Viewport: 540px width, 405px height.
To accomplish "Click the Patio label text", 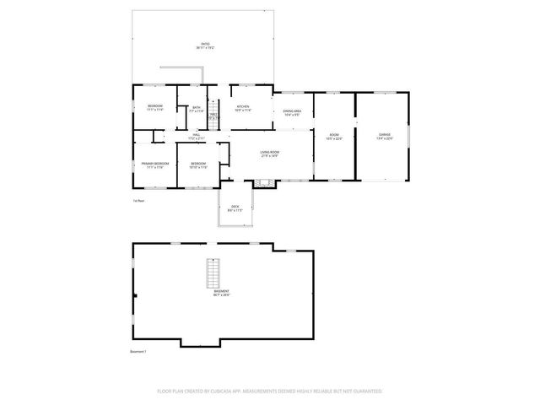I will [205, 45].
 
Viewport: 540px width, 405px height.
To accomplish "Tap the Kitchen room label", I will [242, 108].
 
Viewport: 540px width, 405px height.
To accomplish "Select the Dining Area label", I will [292, 113].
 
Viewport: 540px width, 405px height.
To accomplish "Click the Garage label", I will [384, 136].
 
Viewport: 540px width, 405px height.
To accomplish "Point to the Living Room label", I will [269, 154].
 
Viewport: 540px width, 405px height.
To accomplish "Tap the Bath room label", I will [197, 110].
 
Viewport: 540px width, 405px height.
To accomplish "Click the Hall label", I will [196, 136].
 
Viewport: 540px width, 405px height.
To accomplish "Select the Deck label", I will [235, 208].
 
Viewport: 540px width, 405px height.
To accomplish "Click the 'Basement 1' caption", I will [139, 351].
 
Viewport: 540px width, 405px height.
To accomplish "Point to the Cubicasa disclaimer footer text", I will [269, 391].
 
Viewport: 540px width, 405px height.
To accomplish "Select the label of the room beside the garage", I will [334, 137].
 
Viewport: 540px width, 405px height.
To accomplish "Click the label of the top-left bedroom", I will [154, 108].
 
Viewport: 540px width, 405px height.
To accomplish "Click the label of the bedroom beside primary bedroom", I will [198, 165].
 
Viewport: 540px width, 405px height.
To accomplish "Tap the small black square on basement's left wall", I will [134, 295].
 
